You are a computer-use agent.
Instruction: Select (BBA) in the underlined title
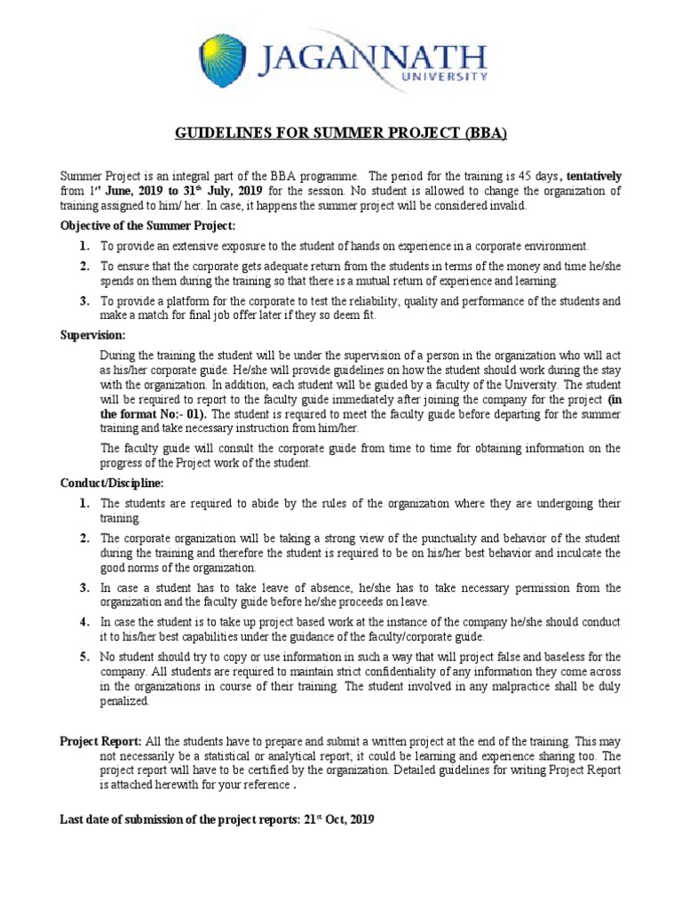481,134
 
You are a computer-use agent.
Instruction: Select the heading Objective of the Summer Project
147,226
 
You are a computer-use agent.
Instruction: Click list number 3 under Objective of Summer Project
84,301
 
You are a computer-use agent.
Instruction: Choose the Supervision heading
92,335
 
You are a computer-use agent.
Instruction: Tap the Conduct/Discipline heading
111,483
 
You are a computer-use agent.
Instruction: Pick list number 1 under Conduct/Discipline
84,504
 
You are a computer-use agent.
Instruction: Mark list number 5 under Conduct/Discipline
84,657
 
